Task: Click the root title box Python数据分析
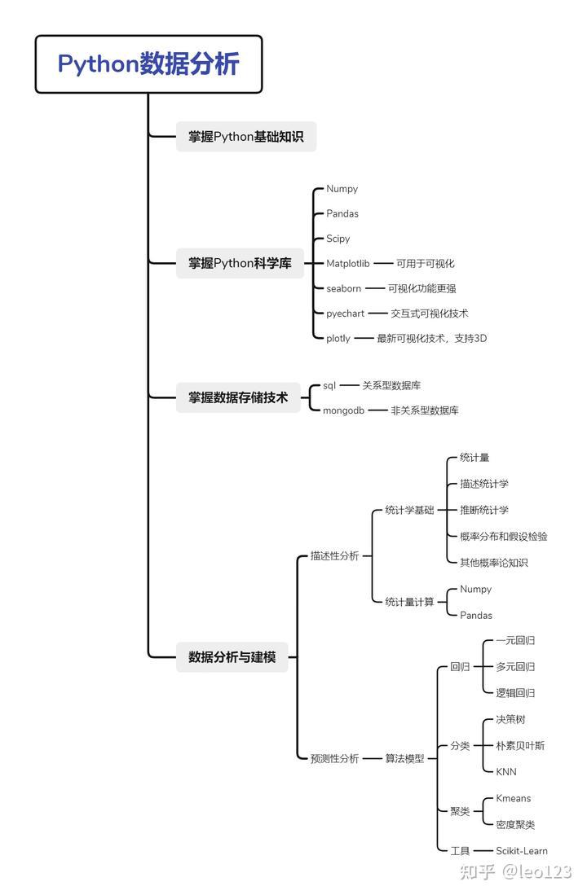point(148,64)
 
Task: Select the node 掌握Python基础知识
point(245,137)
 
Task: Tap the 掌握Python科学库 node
point(240,263)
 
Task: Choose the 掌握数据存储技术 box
point(238,397)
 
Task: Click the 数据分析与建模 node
point(232,657)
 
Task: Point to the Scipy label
point(338,239)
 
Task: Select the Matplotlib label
point(347,263)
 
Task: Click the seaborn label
point(343,288)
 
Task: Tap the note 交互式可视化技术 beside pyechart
point(430,314)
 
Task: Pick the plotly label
point(338,339)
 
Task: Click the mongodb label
point(343,410)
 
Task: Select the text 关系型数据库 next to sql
point(391,385)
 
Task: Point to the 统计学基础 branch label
point(409,510)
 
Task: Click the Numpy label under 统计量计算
point(475,589)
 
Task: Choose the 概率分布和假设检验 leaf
point(504,536)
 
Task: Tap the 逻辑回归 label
point(515,693)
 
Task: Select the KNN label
point(505,772)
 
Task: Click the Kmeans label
point(514,798)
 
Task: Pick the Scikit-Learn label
point(521,850)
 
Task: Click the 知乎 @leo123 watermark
point(515,871)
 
